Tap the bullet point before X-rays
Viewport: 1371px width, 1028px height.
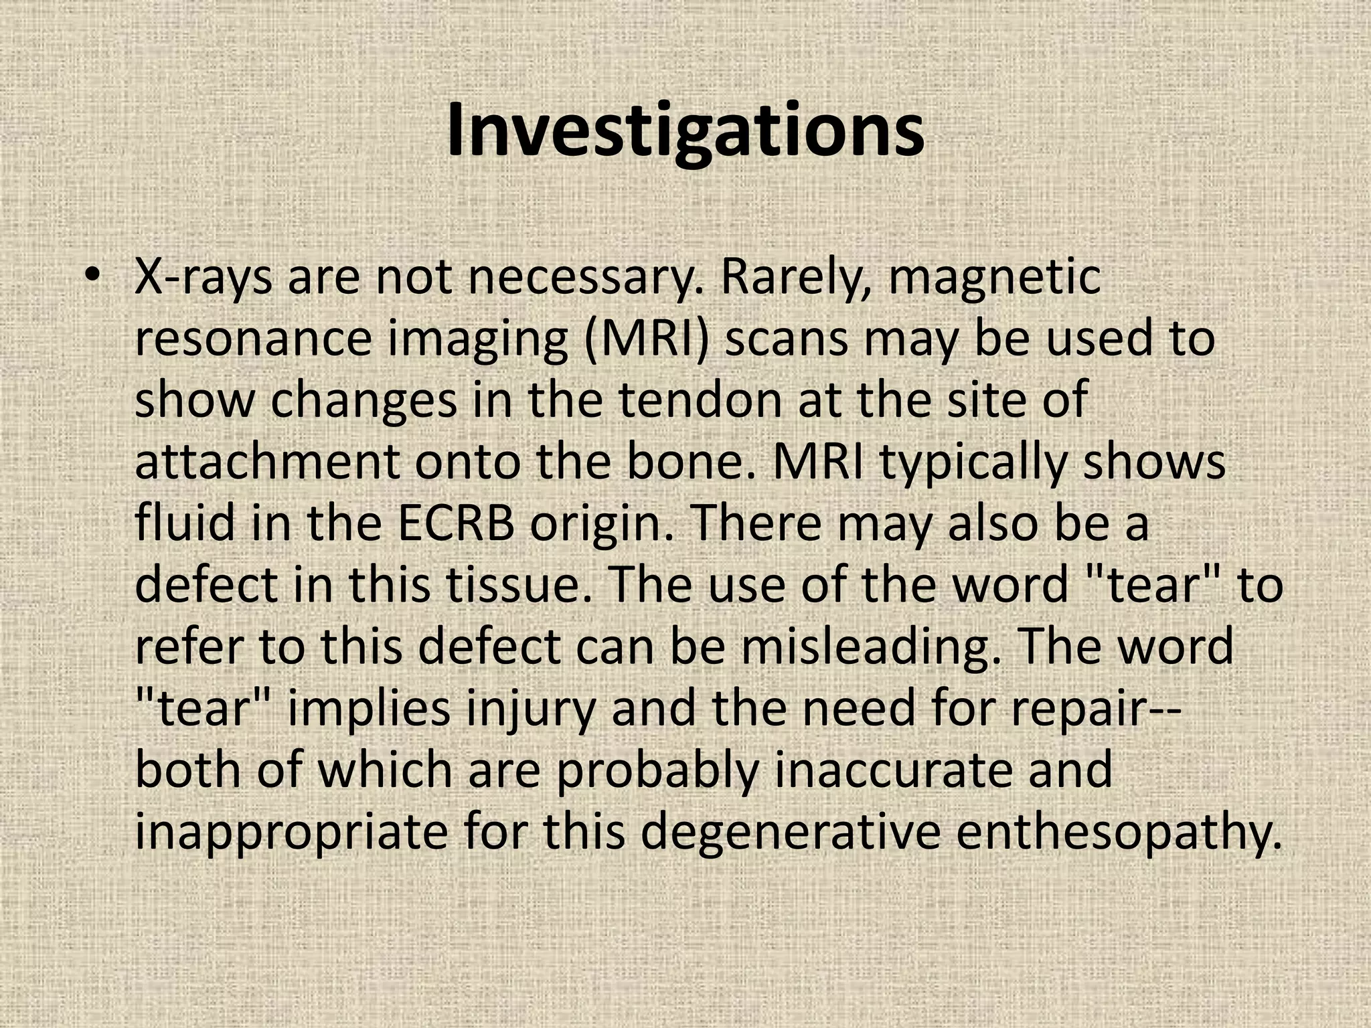(93, 277)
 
